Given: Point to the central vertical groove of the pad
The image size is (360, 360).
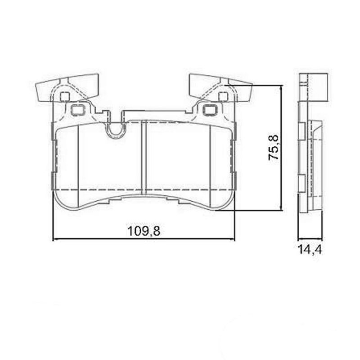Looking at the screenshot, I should pos(143,157).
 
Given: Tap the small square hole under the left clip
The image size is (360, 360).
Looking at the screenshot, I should pos(64,96).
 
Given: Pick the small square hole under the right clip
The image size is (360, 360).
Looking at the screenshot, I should pos(222,96).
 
